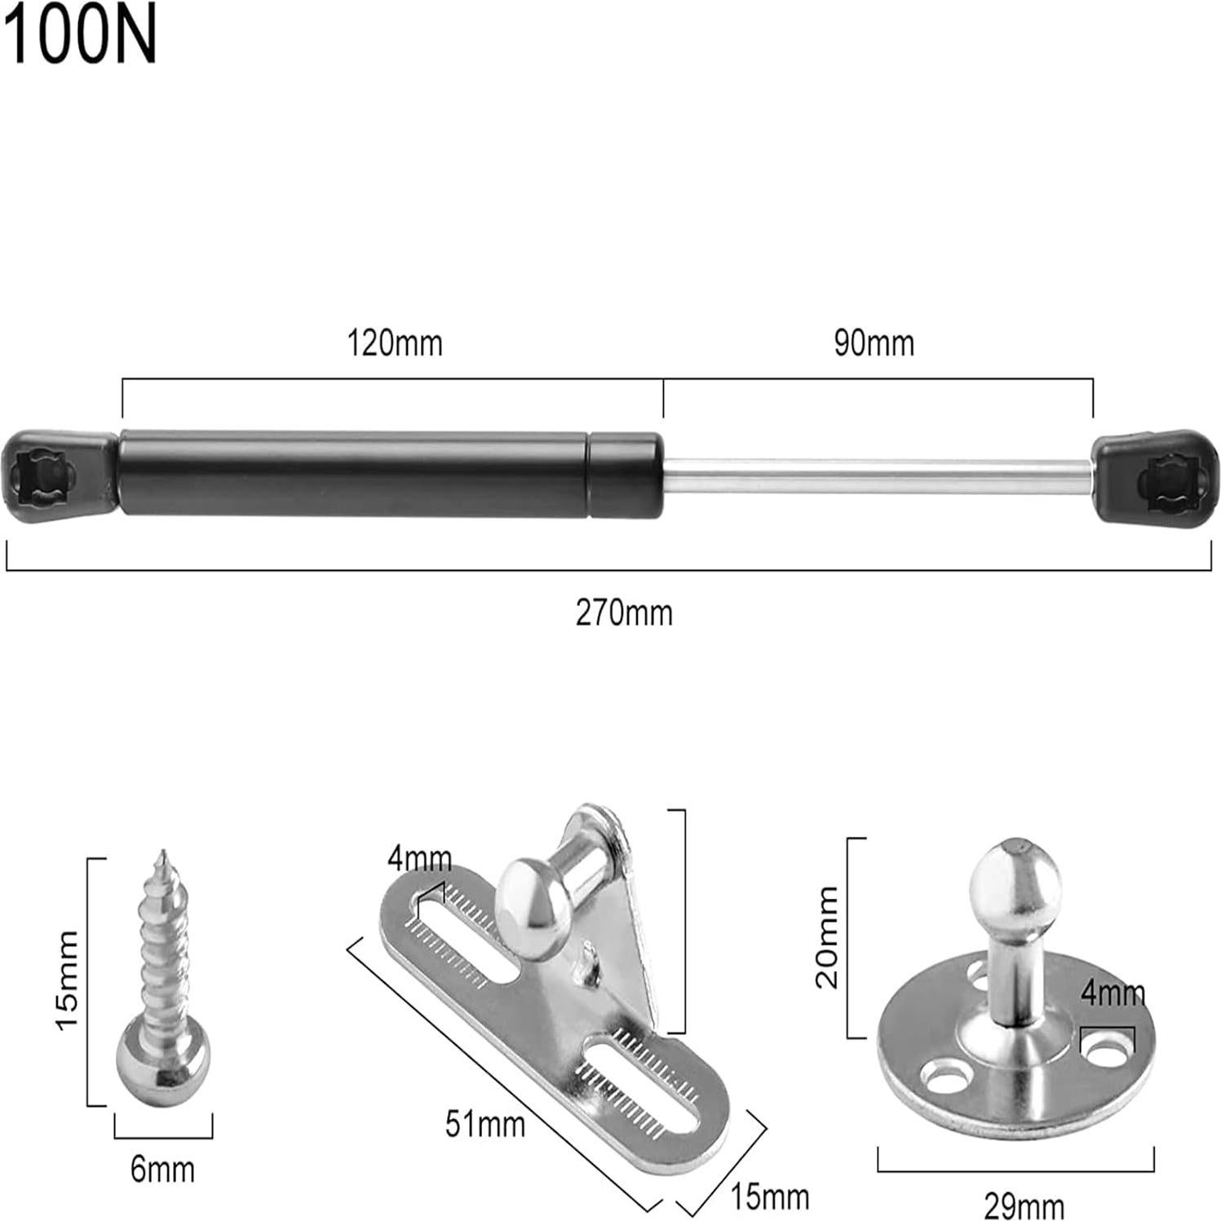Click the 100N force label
pyautogui.click(x=80, y=36)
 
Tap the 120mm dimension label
pyautogui.click(x=395, y=343)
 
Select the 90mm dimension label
pyautogui.click(x=874, y=343)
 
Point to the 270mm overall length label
pyautogui.click(x=624, y=613)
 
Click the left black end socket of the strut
pyautogui.click(x=59, y=477)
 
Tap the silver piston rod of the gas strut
pyautogui.click(x=877, y=477)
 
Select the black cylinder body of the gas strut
pyautogui.click(x=390, y=475)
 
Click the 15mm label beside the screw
pyautogui.click(x=67, y=980)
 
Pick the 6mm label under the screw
pyautogui.click(x=162, y=1170)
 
